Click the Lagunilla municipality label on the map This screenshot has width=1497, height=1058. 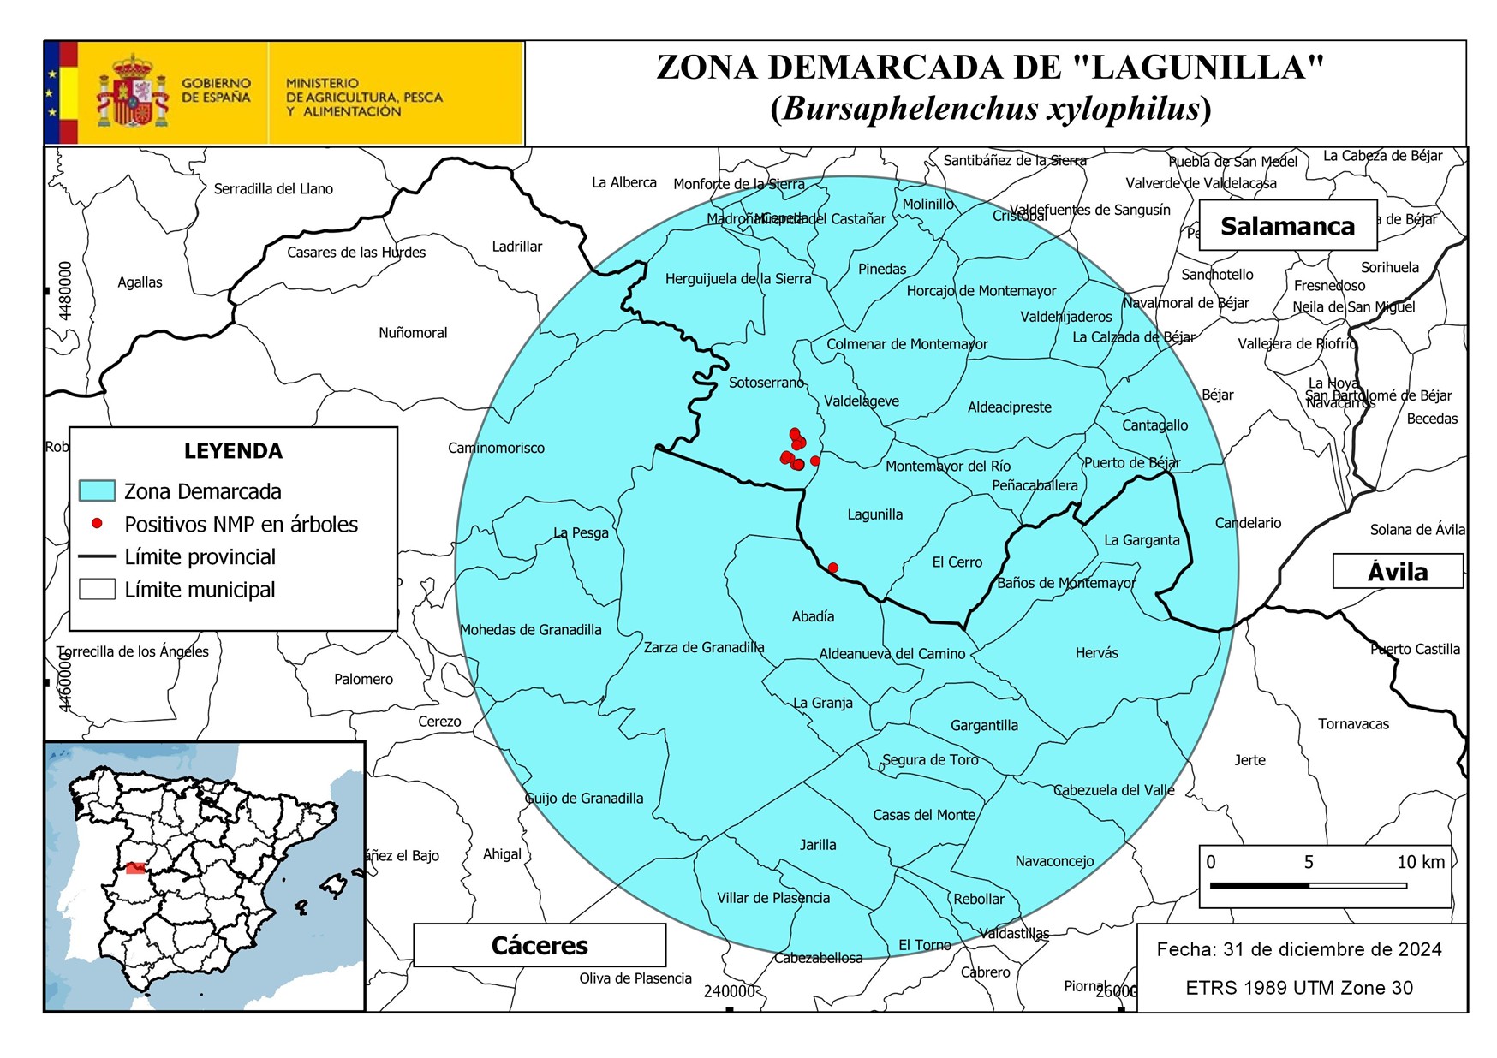point(874,514)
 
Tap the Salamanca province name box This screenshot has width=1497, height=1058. point(1287,226)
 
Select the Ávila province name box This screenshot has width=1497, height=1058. point(1397,571)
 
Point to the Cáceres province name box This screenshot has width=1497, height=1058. point(540,945)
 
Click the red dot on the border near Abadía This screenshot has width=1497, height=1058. point(832,568)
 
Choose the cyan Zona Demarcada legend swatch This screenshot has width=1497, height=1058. point(97,490)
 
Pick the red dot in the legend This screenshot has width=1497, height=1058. point(97,523)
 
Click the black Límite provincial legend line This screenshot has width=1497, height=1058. point(97,556)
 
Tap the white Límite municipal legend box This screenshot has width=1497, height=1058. point(97,589)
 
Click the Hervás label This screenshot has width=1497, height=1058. point(1096,653)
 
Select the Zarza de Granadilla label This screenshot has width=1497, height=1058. point(703,647)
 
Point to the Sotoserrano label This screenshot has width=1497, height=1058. point(766,383)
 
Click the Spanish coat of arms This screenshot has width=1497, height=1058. point(132,92)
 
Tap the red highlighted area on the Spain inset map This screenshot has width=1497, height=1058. point(136,868)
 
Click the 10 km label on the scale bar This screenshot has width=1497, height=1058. point(1420,862)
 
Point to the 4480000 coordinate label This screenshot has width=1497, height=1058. point(66,291)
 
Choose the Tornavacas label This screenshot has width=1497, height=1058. point(1353,724)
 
